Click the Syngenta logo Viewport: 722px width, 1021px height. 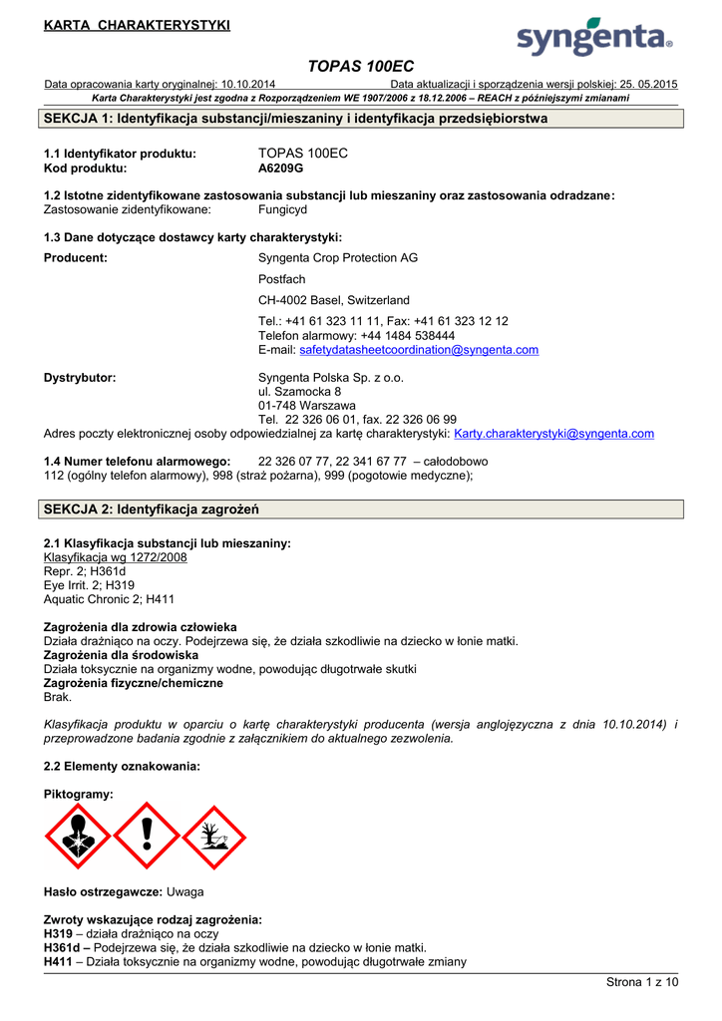pyautogui.click(x=594, y=38)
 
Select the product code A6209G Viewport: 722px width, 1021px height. pyautogui.click(x=281, y=170)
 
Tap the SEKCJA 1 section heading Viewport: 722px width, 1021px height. pyautogui.click(x=296, y=119)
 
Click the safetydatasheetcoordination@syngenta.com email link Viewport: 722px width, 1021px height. pyautogui.click(x=419, y=350)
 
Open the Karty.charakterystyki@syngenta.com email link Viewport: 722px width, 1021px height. pyautogui.click(x=553, y=434)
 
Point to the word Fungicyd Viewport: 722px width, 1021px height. pyautogui.click(x=282, y=210)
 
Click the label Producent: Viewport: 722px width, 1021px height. pyautogui.click(x=76, y=258)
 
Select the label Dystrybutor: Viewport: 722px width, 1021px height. pyautogui.click(x=80, y=378)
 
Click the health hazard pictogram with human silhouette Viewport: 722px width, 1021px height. pyautogui.click(x=77, y=836)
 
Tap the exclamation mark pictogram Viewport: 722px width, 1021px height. pyautogui.click(x=146, y=836)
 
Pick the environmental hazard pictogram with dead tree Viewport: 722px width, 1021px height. pyautogui.click(x=212, y=836)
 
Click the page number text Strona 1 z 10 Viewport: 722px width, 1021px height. pyautogui.click(x=642, y=982)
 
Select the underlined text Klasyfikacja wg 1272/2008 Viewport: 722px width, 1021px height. pyautogui.click(x=115, y=557)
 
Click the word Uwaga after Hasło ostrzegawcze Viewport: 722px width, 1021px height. pyautogui.click(x=184, y=890)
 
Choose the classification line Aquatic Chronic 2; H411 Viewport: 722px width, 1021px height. pyautogui.click(x=109, y=599)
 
